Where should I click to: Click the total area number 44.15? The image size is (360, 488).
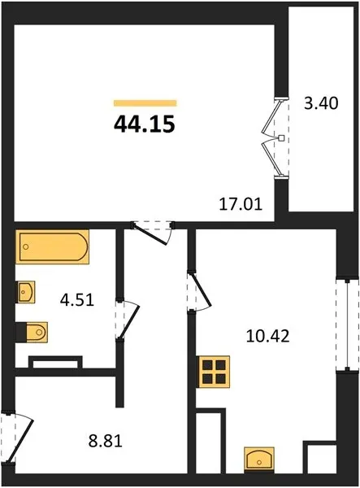click(x=145, y=124)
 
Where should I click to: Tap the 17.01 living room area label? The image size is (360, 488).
click(x=241, y=204)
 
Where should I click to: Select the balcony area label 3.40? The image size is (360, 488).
click(x=321, y=103)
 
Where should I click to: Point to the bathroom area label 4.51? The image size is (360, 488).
click(x=77, y=300)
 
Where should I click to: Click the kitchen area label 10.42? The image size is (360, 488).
click(x=267, y=336)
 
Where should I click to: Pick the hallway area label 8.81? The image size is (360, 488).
click(x=106, y=441)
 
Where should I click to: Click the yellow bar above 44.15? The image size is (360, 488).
click(x=145, y=103)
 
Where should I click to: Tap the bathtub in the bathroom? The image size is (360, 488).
click(x=52, y=246)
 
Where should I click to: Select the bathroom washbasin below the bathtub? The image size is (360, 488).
click(x=25, y=292)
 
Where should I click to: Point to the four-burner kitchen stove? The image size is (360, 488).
click(x=214, y=372)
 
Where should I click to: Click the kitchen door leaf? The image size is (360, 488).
click(x=202, y=290)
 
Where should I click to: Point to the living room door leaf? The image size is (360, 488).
click(x=150, y=233)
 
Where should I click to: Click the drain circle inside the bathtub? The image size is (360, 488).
click(x=26, y=246)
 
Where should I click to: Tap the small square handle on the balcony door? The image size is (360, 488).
click(x=281, y=138)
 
